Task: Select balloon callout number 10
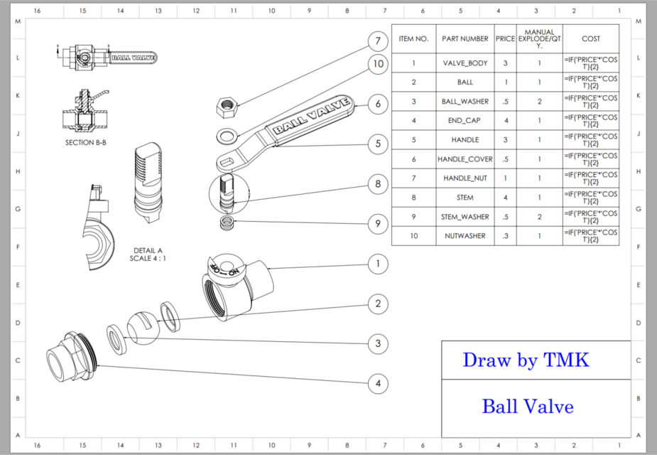pyautogui.click(x=379, y=65)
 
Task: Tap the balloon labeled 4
pyautogui.click(x=379, y=384)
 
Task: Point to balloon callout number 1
pyautogui.click(x=379, y=264)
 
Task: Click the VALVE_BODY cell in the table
pyautogui.click(x=465, y=63)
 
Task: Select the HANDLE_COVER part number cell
pyautogui.click(x=465, y=159)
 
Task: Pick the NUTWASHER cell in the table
pyautogui.click(x=465, y=236)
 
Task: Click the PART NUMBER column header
pyautogui.click(x=465, y=38)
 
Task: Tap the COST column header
pyautogui.click(x=590, y=38)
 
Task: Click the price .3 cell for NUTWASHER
pyautogui.click(x=505, y=236)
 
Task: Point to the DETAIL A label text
pyautogui.click(x=148, y=250)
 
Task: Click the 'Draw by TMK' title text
pyautogui.click(x=526, y=360)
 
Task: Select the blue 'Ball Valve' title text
pyautogui.click(x=527, y=407)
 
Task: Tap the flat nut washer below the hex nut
pyautogui.click(x=227, y=134)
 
